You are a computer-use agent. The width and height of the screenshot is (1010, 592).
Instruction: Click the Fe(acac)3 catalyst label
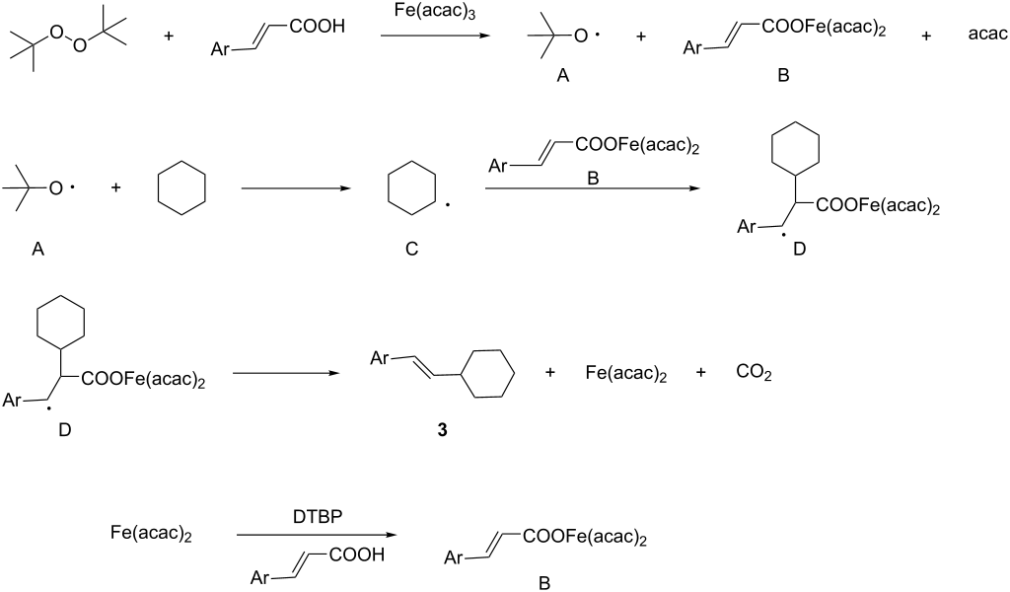click(435, 12)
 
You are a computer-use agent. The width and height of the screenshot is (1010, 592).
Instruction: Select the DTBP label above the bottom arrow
click(318, 517)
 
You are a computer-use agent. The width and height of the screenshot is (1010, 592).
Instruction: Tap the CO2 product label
click(754, 373)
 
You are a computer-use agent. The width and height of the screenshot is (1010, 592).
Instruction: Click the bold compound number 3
click(442, 429)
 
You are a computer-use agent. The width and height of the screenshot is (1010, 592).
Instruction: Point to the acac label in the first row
click(987, 35)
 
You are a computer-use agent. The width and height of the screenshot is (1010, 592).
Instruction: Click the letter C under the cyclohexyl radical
click(411, 249)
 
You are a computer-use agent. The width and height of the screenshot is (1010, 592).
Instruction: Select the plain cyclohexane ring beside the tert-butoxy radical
click(181, 188)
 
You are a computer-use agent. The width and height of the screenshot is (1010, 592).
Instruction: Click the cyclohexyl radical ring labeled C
click(411, 188)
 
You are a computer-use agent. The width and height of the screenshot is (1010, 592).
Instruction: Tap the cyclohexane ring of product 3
click(489, 374)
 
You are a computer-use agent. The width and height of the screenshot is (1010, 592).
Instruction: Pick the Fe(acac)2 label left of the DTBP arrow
click(151, 534)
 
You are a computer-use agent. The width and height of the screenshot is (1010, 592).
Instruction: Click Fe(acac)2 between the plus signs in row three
click(626, 373)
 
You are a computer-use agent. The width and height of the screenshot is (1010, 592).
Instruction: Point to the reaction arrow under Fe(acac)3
click(435, 35)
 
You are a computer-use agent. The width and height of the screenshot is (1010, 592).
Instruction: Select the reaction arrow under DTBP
click(317, 535)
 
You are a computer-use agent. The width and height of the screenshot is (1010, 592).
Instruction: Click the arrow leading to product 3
click(286, 373)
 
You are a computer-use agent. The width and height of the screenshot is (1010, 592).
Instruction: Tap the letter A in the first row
click(563, 76)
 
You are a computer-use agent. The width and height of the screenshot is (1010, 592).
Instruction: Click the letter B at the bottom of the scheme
click(544, 584)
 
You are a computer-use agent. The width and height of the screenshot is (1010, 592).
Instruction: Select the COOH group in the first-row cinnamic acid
click(318, 27)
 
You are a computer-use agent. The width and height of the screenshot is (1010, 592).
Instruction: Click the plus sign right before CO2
click(701, 372)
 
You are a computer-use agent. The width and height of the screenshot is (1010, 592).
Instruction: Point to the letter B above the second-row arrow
click(593, 179)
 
